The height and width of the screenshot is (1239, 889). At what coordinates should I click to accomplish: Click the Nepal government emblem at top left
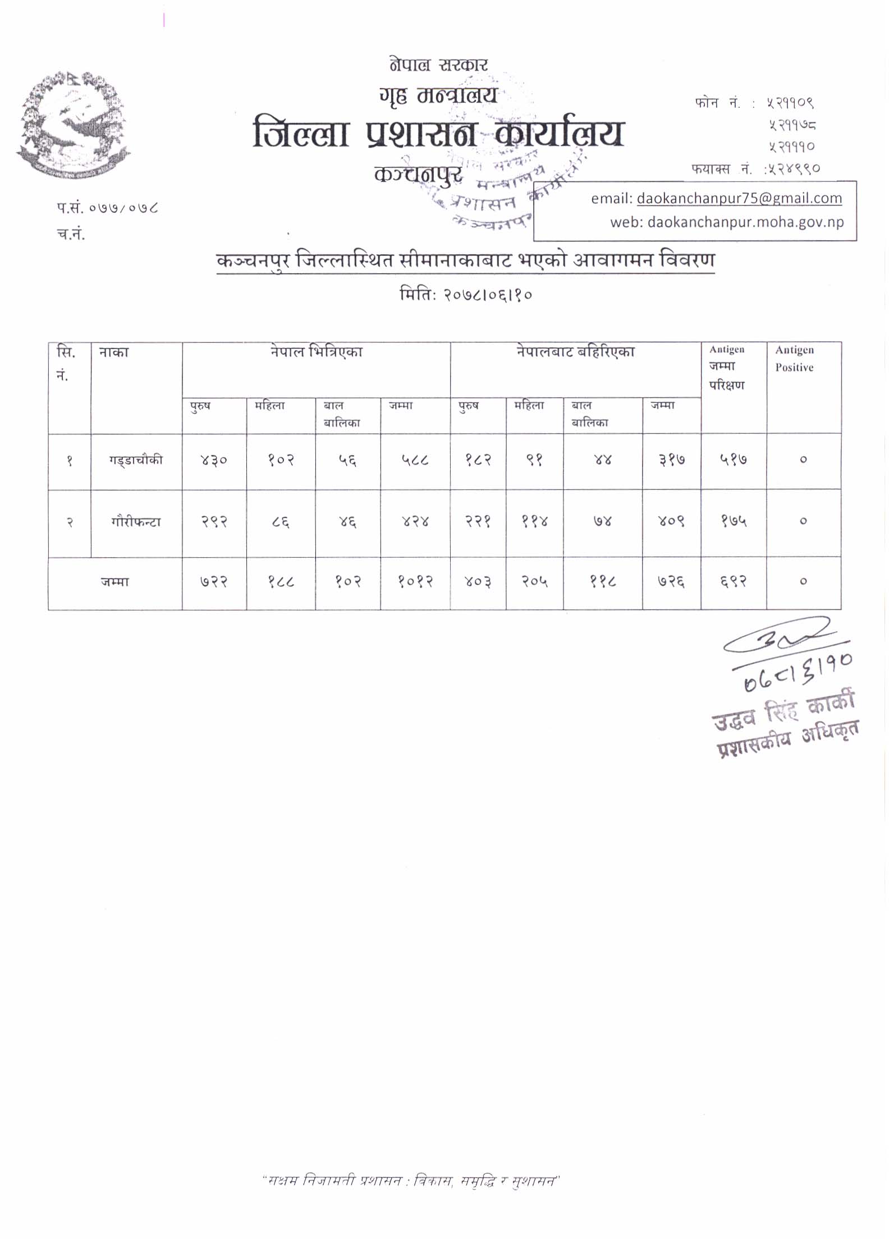(74, 125)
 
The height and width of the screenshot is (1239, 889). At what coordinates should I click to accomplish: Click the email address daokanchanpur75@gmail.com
(739, 198)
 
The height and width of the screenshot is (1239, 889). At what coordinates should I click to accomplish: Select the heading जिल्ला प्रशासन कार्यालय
(438, 134)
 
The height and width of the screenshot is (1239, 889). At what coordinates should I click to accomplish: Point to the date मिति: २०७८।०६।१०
(465, 295)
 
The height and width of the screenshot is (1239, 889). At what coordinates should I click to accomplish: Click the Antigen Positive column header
(794, 359)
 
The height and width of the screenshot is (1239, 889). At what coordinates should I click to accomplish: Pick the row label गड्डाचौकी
(136, 460)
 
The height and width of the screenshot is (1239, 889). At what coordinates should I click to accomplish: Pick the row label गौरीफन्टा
(136, 522)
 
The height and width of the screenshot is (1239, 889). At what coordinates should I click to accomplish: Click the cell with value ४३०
(214, 460)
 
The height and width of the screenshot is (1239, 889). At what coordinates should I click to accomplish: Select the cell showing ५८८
(415, 460)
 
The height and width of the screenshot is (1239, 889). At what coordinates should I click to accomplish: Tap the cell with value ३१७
(671, 460)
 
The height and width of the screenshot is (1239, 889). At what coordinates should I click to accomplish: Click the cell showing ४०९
(671, 522)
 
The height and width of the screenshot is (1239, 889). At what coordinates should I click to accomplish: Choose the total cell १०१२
(415, 582)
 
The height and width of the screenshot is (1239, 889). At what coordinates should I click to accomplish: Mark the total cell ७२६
(671, 582)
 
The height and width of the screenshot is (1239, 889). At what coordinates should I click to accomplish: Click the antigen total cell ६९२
(733, 582)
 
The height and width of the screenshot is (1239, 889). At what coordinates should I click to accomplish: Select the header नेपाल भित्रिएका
(316, 352)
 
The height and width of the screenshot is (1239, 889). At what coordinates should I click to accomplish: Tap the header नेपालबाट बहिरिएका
(575, 352)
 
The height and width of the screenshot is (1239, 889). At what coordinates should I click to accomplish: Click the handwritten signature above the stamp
(780, 640)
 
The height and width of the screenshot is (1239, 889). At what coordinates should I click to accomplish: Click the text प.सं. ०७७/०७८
(107, 208)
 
